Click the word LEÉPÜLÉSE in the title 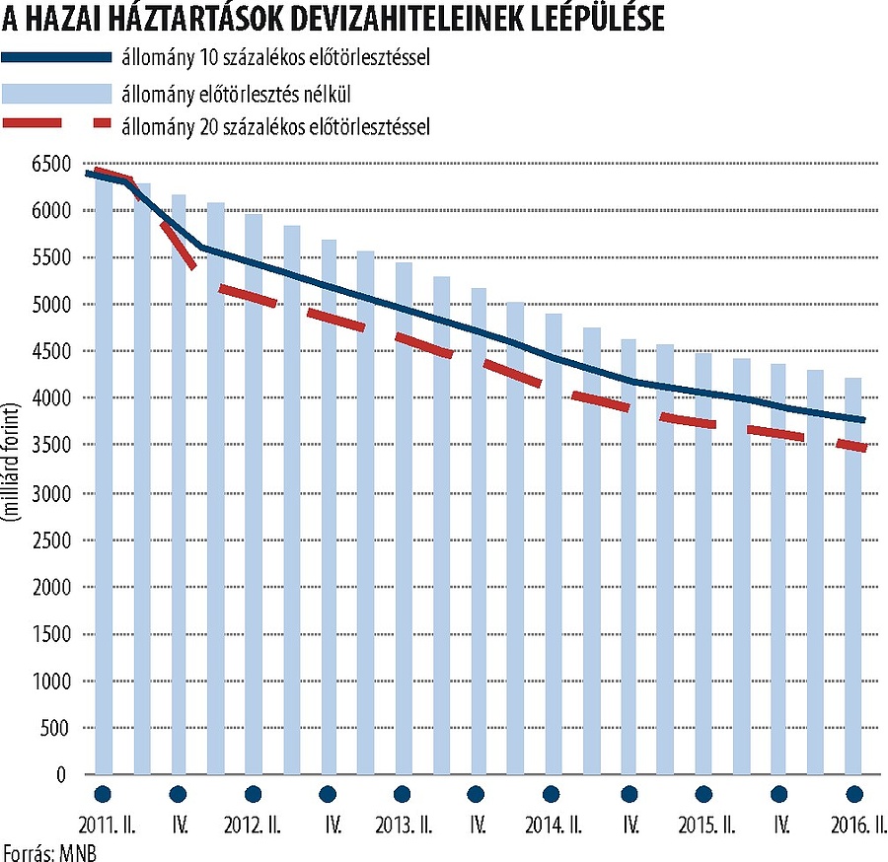point(581,19)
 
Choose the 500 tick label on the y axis point(53,729)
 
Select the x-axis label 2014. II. point(553,825)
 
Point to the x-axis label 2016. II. point(851,825)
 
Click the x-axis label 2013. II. point(403,825)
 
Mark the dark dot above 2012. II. point(253,794)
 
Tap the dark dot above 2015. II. point(703,794)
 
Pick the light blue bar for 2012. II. point(254,493)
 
